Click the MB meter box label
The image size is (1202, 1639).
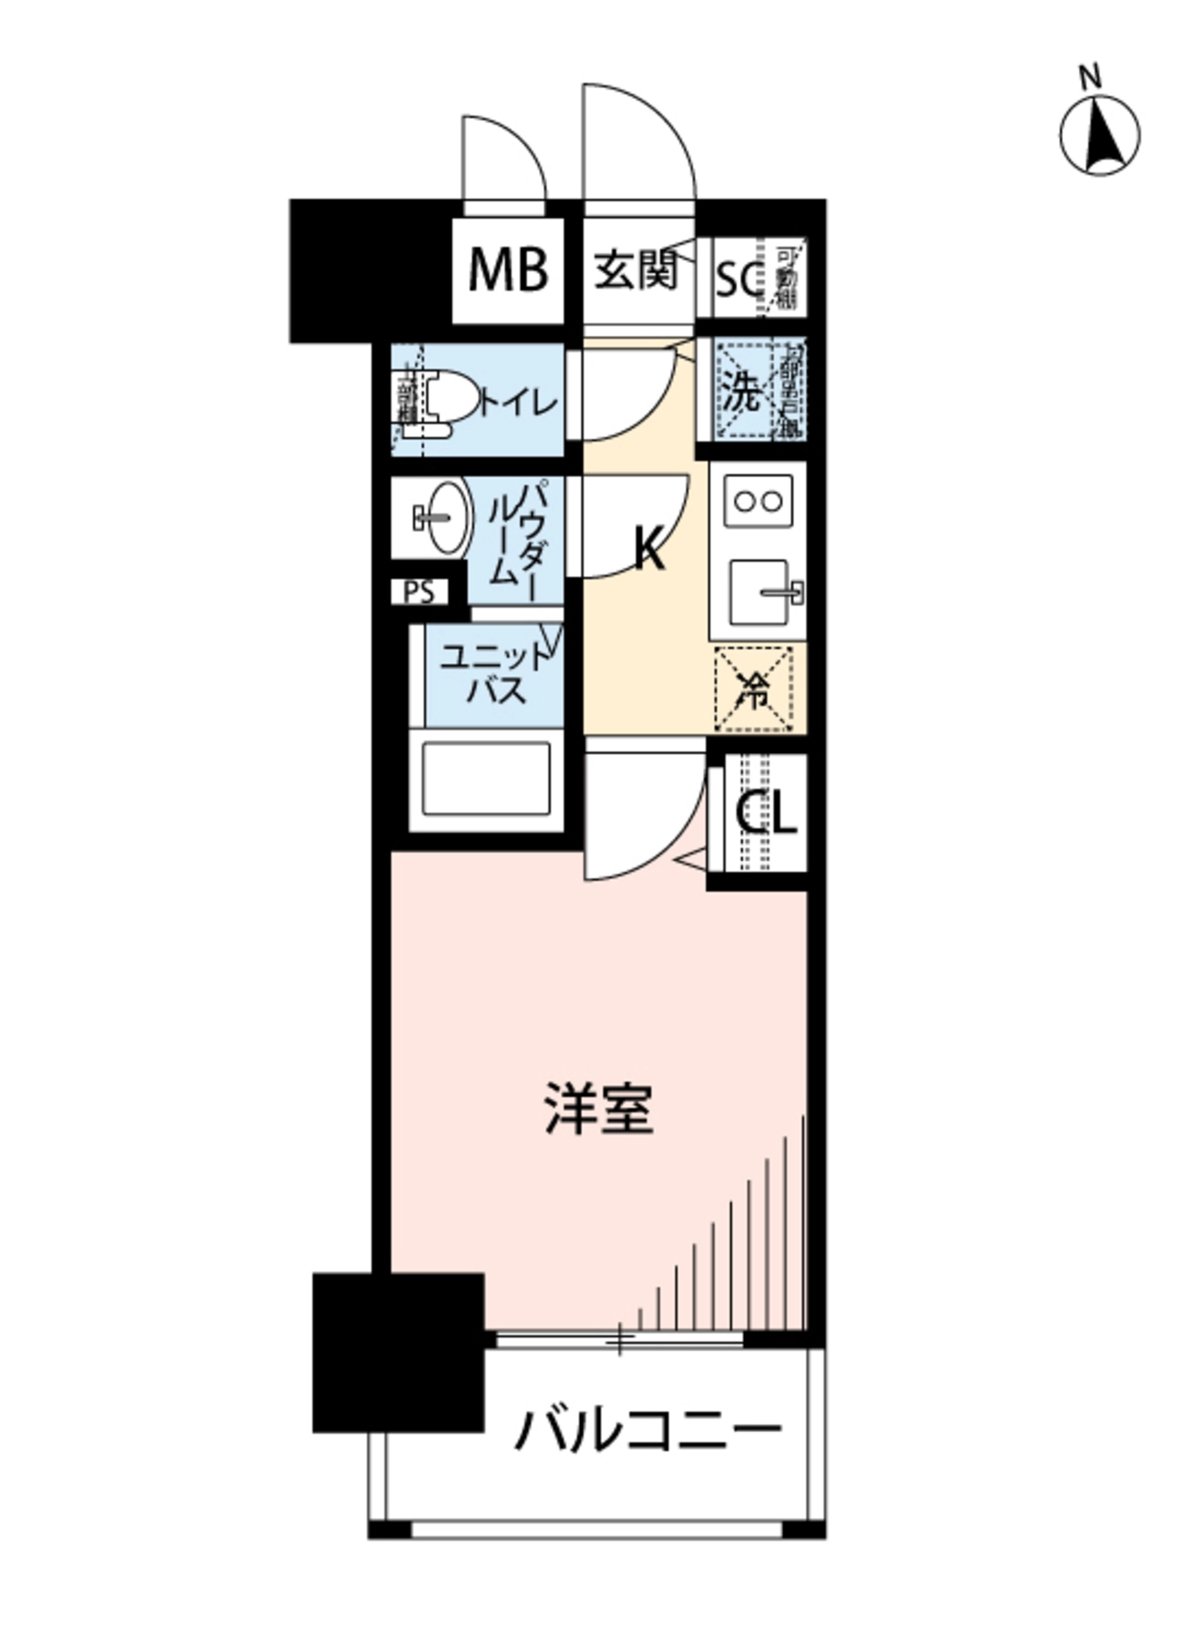[x=508, y=270]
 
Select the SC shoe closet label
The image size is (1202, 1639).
[x=738, y=280]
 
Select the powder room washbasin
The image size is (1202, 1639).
[x=446, y=516]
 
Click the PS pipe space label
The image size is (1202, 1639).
[x=420, y=593]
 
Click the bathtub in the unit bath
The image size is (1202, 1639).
[x=485, y=779]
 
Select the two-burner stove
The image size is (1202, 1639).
[x=758, y=501]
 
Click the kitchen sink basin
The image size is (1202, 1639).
[x=760, y=593]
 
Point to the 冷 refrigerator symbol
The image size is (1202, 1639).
[x=755, y=689]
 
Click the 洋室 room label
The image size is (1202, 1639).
[x=599, y=1107]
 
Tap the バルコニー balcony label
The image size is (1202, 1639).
[x=647, y=1431]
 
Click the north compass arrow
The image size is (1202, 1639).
[x=1100, y=136]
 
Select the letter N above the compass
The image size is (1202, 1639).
[x=1090, y=79]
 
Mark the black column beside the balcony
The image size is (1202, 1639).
[x=398, y=1351]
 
